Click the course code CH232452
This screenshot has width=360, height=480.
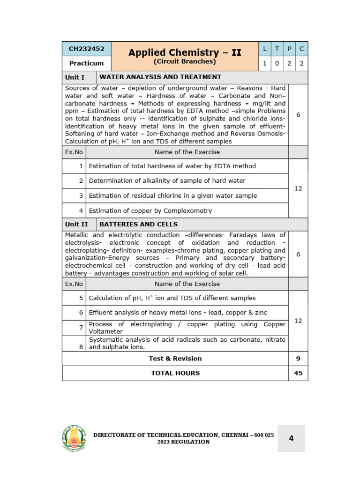tap(87, 49)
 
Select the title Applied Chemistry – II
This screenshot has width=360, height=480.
tap(185, 52)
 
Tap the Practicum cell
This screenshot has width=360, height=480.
tap(87, 63)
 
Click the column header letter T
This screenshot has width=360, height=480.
tap(277, 49)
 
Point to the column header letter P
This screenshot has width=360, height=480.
tap(289, 49)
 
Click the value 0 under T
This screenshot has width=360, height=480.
tap(277, 63)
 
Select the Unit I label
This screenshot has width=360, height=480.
tap(75, 77)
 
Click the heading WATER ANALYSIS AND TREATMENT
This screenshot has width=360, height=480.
tap(160, 77)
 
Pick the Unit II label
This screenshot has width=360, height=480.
tap(76, 224)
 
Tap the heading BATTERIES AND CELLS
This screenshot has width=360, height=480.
tap(139, 224)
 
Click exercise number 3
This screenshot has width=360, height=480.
tap(81, 195)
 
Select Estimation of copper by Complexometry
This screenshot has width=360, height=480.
tap(150, 210)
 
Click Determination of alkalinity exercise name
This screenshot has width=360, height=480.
tap(167, 180)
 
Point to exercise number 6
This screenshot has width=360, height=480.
tap(81, 312)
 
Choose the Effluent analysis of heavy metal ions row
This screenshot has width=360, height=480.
tap(178, 312)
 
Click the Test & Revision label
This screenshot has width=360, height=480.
tap(175, 359)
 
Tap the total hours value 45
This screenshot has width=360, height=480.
tap(298, 373)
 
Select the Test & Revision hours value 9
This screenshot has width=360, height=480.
tap(298, 359)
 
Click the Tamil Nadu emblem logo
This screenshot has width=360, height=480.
tap(74, 438)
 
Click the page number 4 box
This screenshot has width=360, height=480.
tap(291, 438)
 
